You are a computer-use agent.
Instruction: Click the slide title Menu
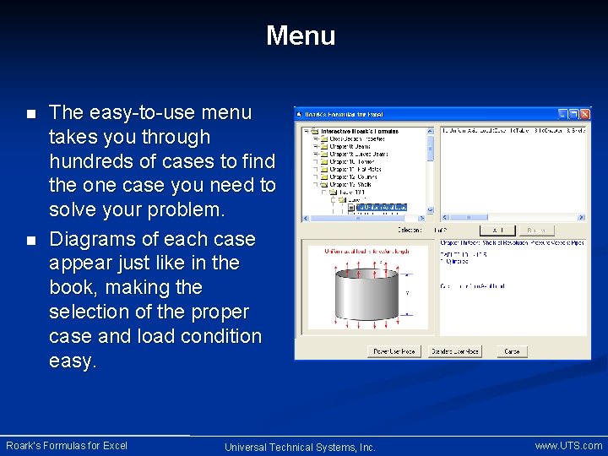tap(301, 35)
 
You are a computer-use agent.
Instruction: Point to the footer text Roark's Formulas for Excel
tap(67, 445)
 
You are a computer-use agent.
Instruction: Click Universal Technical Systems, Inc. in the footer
tap(300, 447)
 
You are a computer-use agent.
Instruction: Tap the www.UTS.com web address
tap(568, 445)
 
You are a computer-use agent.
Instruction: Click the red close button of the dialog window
tap(585, 114)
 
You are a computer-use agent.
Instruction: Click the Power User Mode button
tap(395, 351)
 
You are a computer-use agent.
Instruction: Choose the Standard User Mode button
tap(455, 351)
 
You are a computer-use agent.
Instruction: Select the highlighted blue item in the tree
tap(381, 207)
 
